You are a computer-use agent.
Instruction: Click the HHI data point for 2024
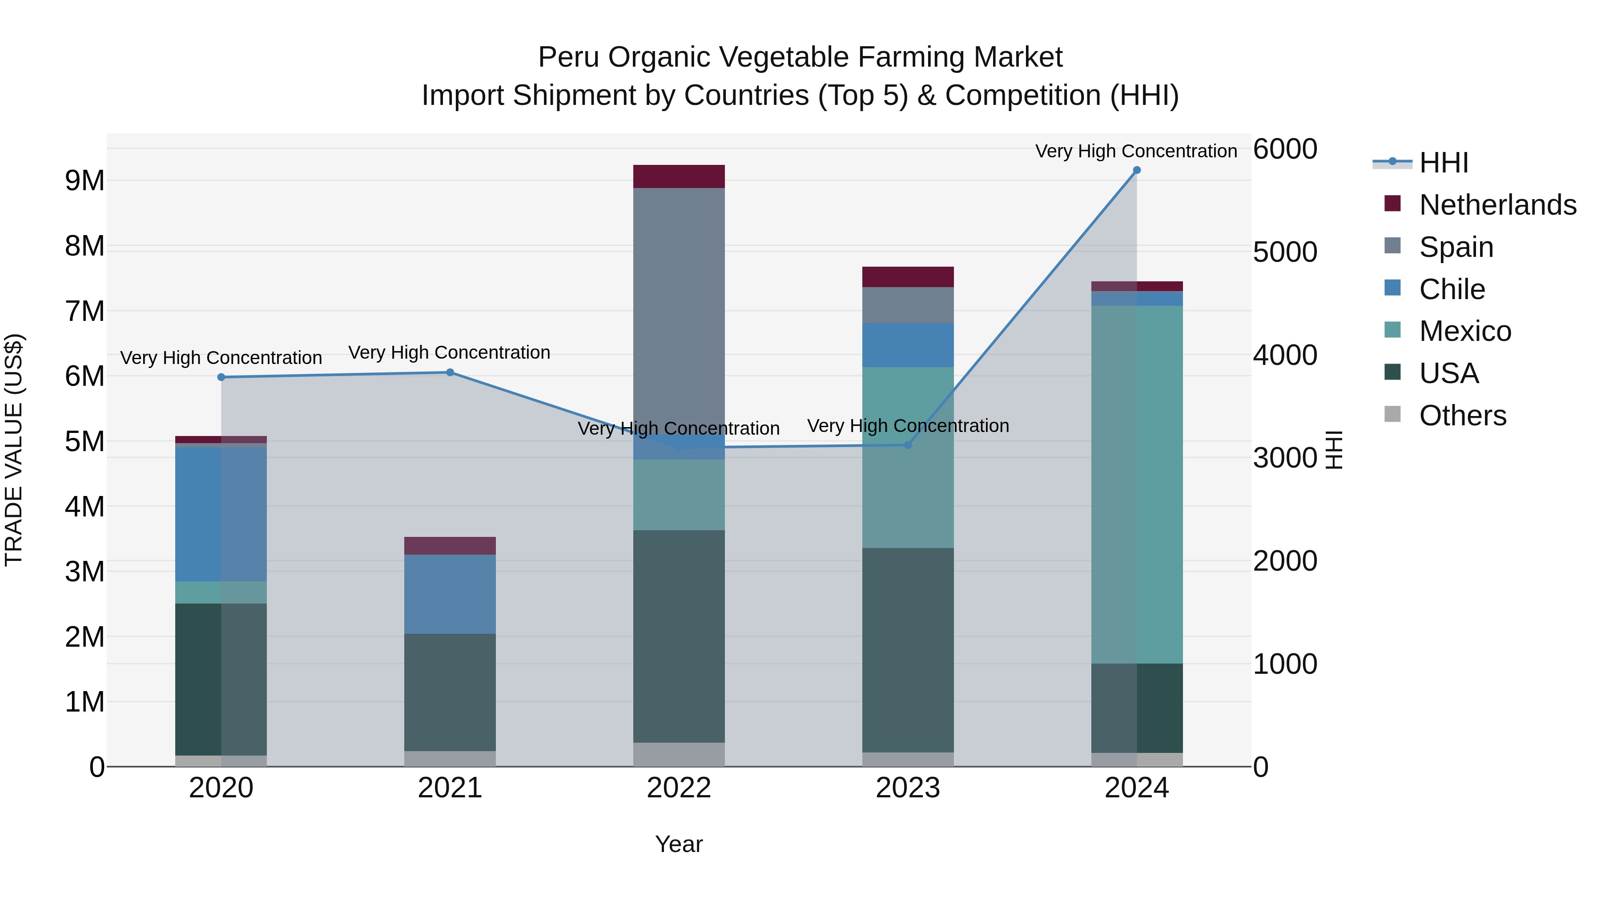coord(1137,170)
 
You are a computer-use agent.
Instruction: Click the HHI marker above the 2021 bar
coord(450,373)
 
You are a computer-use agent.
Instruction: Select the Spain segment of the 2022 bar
coord(679,311)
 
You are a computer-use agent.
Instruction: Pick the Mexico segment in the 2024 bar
coord(1137,484)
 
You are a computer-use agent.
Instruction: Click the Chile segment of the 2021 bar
coord(450,594)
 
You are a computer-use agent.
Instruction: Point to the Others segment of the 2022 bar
coord(679,754)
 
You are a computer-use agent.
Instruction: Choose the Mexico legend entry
coord(1464,331)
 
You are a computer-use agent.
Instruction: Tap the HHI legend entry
coord(1443,163)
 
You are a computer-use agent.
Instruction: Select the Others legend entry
coord(1462,416)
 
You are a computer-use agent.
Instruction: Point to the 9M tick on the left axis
coord(84,181)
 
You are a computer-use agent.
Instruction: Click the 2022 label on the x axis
coord(679,788)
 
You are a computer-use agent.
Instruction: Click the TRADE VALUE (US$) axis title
coord(14,450)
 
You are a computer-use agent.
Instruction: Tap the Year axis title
coord(679,844)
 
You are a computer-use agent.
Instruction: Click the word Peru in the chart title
coord(569,57)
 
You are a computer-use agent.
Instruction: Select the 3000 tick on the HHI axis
coord(1285,458)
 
